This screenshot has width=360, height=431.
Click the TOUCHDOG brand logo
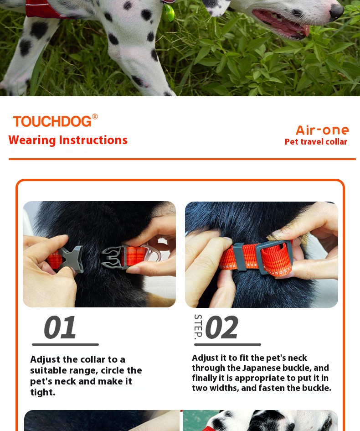click(x=56, y=121)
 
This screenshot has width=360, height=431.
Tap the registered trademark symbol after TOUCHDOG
click(x=95, y=117)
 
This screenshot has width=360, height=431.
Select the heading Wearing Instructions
click(x=68, y=140)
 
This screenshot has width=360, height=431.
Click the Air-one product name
click(x=322, y=130)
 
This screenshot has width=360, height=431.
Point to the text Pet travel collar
click(x=316, y=142)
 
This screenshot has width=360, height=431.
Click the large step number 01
click(x=60, y=327)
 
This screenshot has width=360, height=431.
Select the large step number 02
click(x=222, y=327)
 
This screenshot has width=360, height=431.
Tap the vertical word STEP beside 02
click(x=198, y=327)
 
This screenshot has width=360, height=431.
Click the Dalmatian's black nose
click(x=337, y=11)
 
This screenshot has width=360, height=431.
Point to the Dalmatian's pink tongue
click(x=283, y=25)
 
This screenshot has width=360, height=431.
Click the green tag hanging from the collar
click(x=170, y=13)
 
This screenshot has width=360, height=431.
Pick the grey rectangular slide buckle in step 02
click(x=273, y=257)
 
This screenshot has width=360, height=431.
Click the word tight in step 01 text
click(x=42, y=392)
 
